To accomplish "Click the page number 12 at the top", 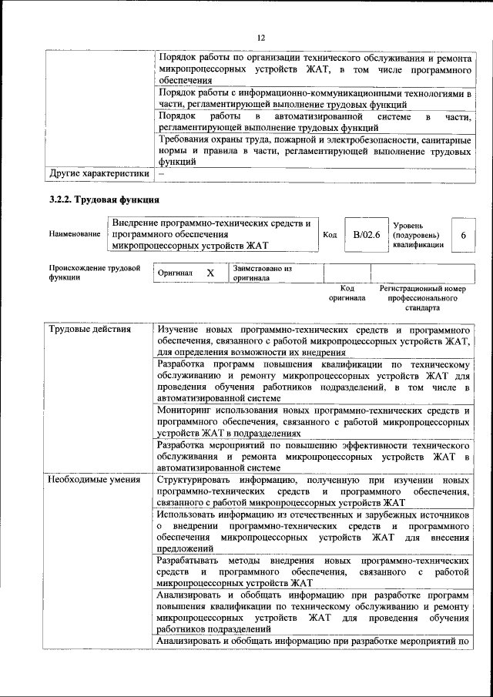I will coord(260,37).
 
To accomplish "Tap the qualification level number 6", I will coord(463,234).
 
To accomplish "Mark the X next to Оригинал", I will coord(210,273).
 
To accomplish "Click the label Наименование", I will coord(75,234).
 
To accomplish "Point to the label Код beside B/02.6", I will coord(330,234).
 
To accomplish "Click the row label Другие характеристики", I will coord(99,174).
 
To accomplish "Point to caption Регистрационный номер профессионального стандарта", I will coord(423,297).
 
